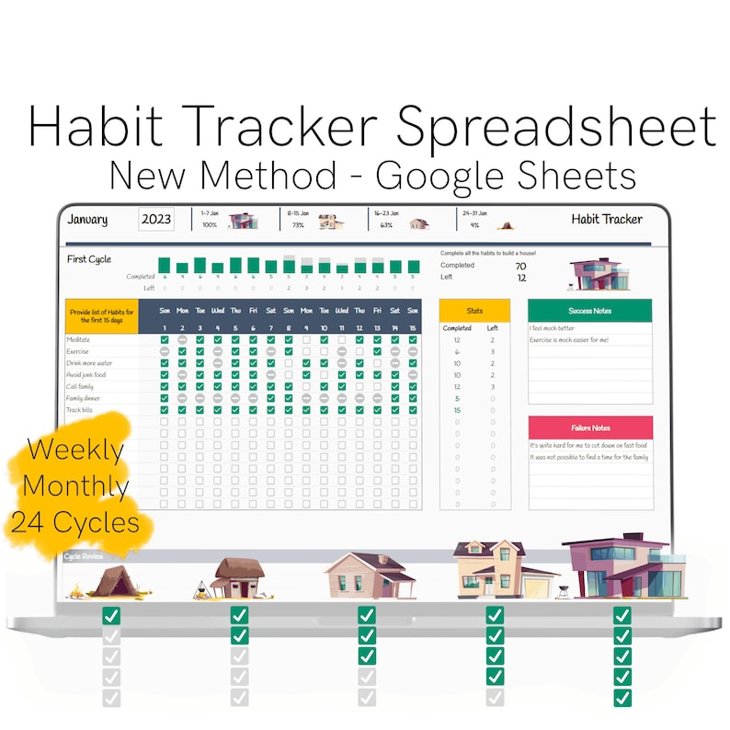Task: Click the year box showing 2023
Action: [x=155, y=220]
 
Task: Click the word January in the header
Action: [x=87, y=220]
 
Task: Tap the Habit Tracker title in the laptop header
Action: [x=607, y=219]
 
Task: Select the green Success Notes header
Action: [x=590, y=311]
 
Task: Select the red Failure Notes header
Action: [x=590, y=428]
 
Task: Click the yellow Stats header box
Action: [x=474, y=311]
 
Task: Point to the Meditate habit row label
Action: [x=79, y=339]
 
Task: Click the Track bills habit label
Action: [x=81, y=409]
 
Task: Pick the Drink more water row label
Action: [x=89, y=362]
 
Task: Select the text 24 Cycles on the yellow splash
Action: [x=75, y=522]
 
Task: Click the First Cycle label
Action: [x=89, y=259]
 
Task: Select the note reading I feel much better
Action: [x=553, y=327]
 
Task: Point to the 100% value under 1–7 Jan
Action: [x=210, y=224]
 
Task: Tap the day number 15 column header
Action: [x=413, y=327]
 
